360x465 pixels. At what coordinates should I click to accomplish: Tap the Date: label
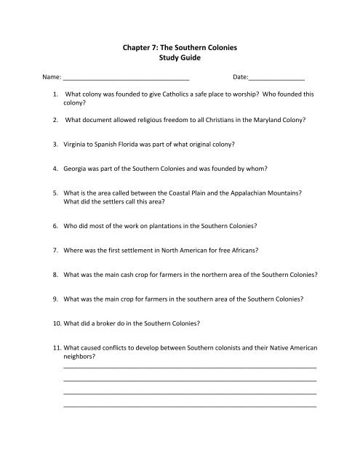(x=241, y=75)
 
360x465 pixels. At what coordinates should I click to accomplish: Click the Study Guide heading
(x=179, y=58)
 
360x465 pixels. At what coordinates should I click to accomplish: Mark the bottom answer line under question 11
(x=190, y=404)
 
